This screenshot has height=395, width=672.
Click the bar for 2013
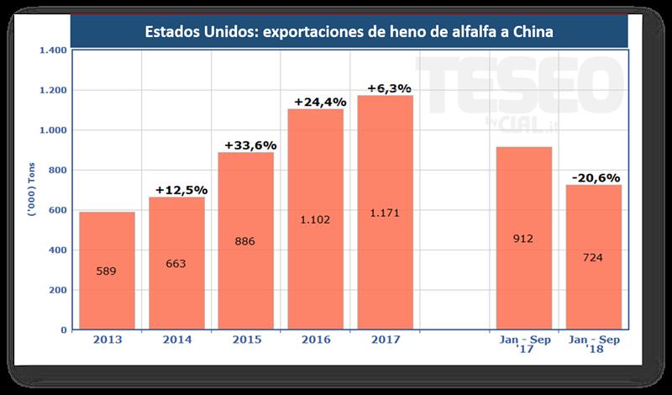pyautogui.click(x=108, y=271)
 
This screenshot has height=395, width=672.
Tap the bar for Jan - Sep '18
pyautogui.click(x=593, y=257)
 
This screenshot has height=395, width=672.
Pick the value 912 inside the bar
pyautogui.click(x=522, y=239)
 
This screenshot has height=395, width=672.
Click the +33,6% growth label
pyautogui.click(x=249, y=145)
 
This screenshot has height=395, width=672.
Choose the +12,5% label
pyautogui.click(x=179, y=189)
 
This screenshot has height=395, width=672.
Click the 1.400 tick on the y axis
pyautogui.click(x=52, y=50)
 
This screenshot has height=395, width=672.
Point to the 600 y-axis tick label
pyautogui.click(x=55, y=210)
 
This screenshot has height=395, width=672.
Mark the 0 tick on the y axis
pyautogui.click(x=63, y=330)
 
